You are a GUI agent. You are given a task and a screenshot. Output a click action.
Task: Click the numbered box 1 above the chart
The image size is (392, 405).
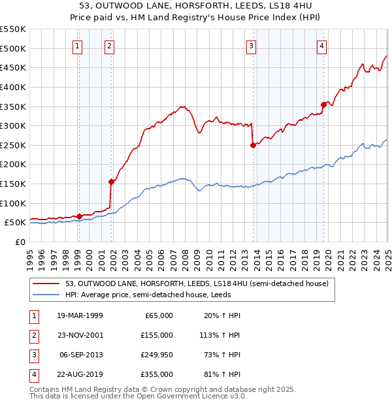pos(78,46)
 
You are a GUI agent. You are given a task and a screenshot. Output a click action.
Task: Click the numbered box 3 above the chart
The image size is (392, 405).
pos(251,46)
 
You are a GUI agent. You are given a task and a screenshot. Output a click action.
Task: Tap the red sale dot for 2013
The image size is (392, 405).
pos(252,146)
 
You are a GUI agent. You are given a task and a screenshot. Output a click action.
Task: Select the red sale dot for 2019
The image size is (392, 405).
pos(323,105)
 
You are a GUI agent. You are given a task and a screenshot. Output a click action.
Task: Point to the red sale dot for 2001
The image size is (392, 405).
pos(112,182)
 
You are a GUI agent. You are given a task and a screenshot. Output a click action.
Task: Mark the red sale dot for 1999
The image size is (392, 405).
pos(79,216)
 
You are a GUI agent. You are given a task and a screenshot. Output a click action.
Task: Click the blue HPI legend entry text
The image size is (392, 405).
pos(163,295)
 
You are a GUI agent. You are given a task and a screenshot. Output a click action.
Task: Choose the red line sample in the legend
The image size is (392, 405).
pos(46,283)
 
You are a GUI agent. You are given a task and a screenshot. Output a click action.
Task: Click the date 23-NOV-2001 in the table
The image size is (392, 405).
pos(80,334)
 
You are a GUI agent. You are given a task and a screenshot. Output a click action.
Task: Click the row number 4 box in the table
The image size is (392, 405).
pos(33,374)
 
